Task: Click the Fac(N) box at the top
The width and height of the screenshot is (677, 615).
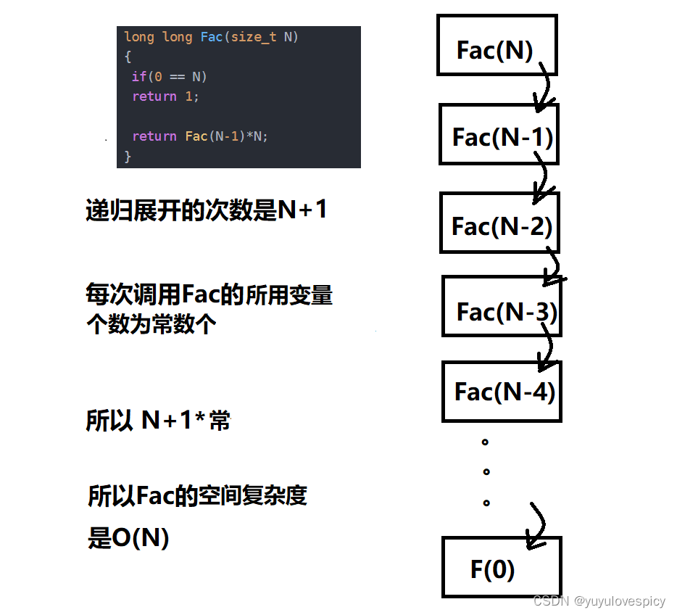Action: click(497, 45)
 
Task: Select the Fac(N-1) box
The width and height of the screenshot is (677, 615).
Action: click(499, 135)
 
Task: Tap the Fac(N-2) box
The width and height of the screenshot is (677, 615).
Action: click(499, 223)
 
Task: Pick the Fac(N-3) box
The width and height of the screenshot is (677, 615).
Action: click(502, 307)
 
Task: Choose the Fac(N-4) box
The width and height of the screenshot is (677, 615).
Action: click(502, 391)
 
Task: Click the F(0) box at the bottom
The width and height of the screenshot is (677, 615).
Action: click(501, 567)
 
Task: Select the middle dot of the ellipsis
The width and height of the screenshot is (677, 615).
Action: click(486, 471)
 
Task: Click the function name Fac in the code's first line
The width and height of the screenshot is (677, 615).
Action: click(211, 37)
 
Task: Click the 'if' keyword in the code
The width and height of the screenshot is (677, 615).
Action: click(138, 76)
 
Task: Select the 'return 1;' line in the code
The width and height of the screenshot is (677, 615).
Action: click(165, 96)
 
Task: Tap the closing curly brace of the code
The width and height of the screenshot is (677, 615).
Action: click(128, 155)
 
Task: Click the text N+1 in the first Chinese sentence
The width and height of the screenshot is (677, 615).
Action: click(302, 210)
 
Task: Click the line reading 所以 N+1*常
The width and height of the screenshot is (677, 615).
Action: click(158, 420)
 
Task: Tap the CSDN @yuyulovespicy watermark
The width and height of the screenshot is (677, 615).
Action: click(599, 601)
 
